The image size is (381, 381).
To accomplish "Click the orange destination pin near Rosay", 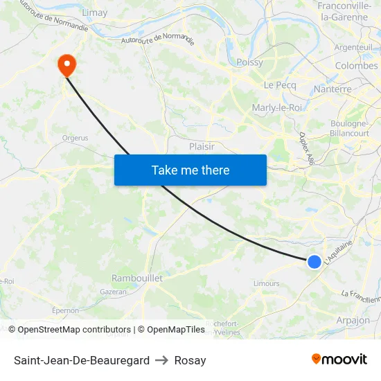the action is point(67,65).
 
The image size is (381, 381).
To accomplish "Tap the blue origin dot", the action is point(314,261).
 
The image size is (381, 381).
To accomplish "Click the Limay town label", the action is point(94,12).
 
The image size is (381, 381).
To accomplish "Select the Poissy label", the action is point(249,62).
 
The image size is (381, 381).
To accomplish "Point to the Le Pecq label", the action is point(279,84).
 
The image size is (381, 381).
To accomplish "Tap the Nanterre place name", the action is point(333,89).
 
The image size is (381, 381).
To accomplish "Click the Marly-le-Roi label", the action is point(276,107).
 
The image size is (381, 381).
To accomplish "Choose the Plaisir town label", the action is point(202,146).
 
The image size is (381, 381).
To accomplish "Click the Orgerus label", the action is point(75,138).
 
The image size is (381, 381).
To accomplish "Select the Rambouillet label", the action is point(137,278).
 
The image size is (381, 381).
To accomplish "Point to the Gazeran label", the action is point(114,292).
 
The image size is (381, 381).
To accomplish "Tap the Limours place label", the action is point(267,283).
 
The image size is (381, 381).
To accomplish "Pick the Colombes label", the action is point(356,66).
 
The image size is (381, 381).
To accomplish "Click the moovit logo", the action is point(339,359).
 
